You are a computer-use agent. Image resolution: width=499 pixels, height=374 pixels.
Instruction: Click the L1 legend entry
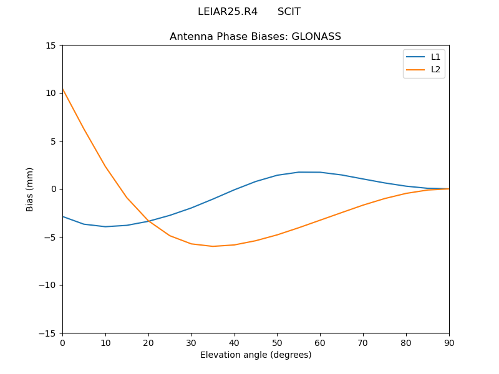pos(435,57)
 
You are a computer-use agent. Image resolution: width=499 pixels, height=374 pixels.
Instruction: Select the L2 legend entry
pos(435,69)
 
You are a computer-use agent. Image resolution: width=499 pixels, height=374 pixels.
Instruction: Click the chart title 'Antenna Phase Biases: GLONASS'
pos(255,37)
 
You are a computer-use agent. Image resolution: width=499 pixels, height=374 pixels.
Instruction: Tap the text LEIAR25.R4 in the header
pos(228,12)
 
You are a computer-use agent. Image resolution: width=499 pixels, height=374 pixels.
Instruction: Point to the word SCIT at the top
pos(289,12)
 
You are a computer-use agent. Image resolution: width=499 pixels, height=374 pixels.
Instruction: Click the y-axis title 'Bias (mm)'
pos(30,189)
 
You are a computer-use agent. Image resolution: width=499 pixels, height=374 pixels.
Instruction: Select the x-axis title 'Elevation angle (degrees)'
pos(256,355)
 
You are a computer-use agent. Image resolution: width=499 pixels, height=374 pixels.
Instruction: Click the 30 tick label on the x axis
pos(191,342)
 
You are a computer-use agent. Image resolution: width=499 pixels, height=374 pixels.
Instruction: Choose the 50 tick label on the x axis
pos(277,342)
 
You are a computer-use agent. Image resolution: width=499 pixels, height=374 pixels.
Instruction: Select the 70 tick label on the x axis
pos(363,342)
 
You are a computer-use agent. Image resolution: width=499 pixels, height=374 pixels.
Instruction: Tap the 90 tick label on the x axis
pos(448,342)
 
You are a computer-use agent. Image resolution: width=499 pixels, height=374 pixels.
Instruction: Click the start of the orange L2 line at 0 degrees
pos(63,90)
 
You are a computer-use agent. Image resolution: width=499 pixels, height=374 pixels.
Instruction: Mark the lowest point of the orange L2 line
pos(213,246)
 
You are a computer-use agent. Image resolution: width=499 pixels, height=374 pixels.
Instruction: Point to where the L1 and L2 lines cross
pos(148,221)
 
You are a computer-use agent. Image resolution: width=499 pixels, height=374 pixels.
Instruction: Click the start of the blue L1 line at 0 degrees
pos(63,216)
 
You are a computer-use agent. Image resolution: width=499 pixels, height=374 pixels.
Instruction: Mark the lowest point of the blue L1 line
pos(105,226)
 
